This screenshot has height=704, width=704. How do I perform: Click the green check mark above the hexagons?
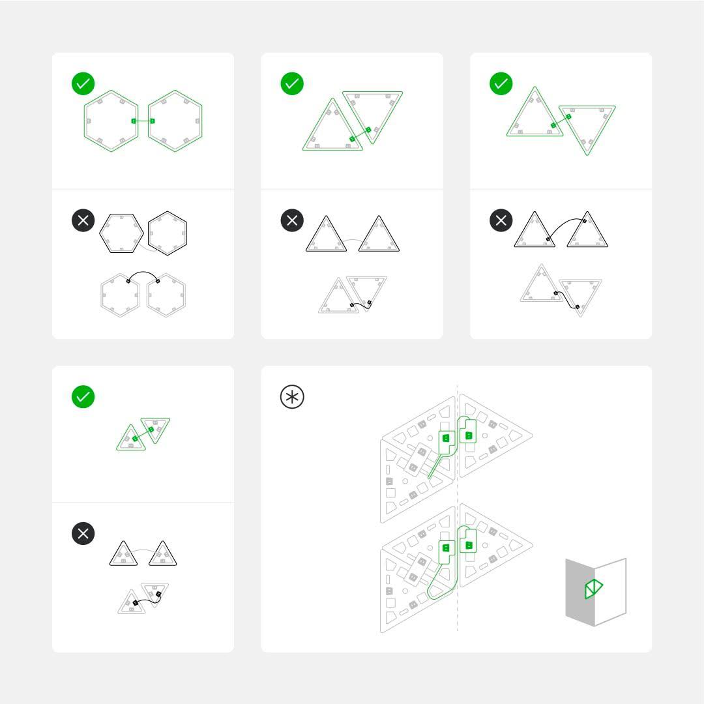tap(83, 83)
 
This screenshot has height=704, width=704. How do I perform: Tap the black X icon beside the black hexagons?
tap(83, 220)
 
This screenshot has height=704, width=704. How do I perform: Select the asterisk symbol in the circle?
tap(292, 397)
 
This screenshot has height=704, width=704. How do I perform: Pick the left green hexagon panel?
tap(111, 121)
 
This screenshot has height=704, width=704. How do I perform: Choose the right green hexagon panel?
tap(175, 121)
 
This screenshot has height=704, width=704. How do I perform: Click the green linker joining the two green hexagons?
tap(143, 121)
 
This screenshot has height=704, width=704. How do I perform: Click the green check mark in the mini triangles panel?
tap(83, 396)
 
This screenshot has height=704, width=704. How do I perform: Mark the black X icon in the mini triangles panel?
tap(83, 533)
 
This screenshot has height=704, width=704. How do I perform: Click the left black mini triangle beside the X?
tap(124, 555)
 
